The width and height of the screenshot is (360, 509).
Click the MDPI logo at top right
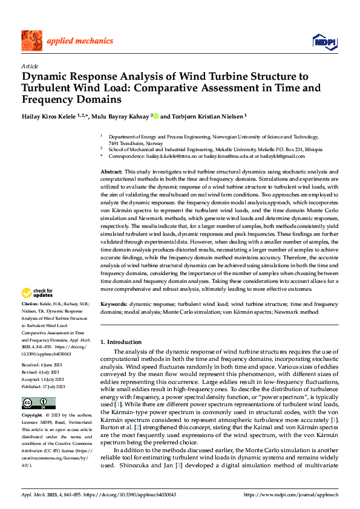click(x=324, y=41)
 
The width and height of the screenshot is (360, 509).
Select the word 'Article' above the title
click(x=30, y=65)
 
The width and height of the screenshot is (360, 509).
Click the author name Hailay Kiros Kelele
click(x=45, y=115)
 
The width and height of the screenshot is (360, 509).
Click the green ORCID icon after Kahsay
click(x=155, y=115)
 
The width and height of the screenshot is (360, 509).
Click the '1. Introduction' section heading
click(x=121, y=342)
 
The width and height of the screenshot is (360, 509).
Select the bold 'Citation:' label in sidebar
click(x=30, y=302)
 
